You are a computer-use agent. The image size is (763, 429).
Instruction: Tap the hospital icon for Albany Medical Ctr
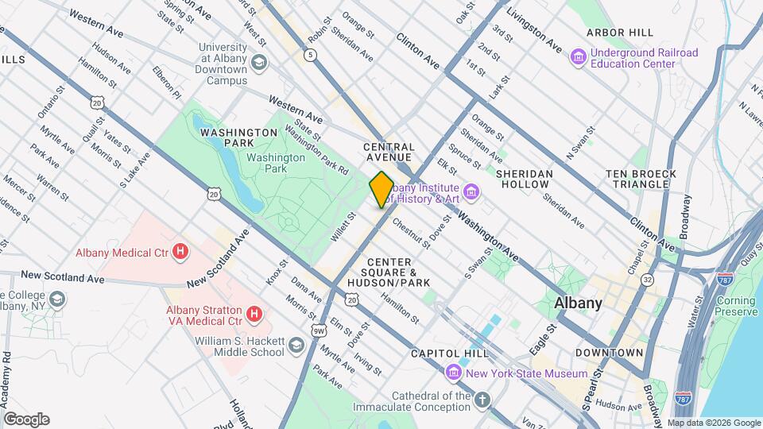181,253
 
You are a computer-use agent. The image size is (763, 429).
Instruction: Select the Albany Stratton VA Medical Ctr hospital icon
254,315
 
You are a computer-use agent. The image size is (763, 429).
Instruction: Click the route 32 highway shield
648,280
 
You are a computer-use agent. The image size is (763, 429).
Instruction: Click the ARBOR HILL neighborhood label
620,33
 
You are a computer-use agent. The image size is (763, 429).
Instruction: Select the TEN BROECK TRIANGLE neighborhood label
641,179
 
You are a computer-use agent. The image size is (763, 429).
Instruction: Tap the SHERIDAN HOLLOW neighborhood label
523,178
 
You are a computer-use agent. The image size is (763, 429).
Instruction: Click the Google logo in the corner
26,419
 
